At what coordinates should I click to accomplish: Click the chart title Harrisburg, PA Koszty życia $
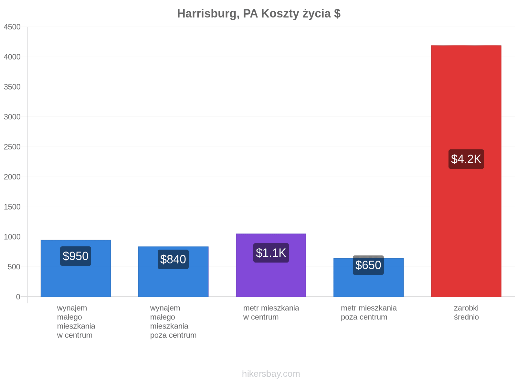coord(258,14)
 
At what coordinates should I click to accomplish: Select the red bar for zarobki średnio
coord(466,171)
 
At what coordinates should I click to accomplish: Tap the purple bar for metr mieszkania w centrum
coord(271,265)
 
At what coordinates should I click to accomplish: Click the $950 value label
coord(75,256)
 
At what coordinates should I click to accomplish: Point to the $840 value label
coord(173,259)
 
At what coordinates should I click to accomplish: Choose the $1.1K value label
coord(271,253)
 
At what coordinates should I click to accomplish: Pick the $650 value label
coord(368,265)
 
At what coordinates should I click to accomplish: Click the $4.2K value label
coord(466,159)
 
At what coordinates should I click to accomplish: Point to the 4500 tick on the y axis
coord(12,27)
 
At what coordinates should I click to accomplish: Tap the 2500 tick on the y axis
coord(12,147)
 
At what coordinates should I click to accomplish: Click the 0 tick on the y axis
coord(18,296)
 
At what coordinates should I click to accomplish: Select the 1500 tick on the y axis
coord(12,207)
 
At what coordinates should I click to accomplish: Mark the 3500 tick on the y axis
coord(12,87)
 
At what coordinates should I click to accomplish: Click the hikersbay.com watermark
coord(271,374)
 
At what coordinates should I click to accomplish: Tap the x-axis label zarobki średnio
coord(466,312)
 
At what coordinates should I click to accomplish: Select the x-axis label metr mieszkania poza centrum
coord(369,312)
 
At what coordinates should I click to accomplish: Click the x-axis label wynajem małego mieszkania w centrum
coord(76,321)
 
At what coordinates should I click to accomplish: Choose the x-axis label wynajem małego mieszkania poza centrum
coord(173,321)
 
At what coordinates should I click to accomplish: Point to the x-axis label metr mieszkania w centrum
coord(271,312)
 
